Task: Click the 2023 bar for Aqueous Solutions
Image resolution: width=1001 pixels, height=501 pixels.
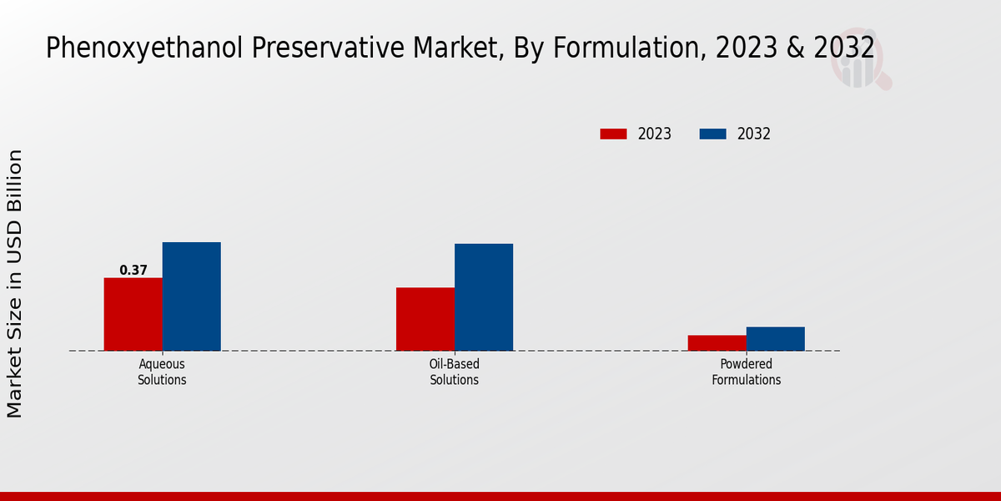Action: point(133,314)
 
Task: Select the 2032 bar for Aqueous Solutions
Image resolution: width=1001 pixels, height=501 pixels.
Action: point(191,296)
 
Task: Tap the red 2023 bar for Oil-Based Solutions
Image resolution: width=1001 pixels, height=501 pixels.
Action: point(425,319)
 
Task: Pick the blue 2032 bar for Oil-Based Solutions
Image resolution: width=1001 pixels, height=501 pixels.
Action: point(484,297)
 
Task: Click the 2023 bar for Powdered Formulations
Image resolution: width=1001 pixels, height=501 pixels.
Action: point(717,342)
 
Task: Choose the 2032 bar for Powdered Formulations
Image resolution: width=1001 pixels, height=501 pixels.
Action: point(776,338)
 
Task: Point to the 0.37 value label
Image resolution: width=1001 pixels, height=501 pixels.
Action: point(133,271)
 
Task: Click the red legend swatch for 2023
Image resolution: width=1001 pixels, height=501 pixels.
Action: point(613,134)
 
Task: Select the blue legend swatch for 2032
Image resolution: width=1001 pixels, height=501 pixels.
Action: point(712,134)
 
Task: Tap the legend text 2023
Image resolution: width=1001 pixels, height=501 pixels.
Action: point(655,134)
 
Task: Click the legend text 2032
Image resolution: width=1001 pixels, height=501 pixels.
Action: point(754,134)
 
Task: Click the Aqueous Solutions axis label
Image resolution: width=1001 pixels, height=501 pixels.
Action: point(162,372)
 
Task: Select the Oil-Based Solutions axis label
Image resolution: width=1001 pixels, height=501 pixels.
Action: point(455,372)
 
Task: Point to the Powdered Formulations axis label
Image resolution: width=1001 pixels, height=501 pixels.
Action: point(747,372)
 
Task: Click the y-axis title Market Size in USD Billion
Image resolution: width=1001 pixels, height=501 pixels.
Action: point(15,284)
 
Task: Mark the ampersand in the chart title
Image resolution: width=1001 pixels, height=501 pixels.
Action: point(797,48)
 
